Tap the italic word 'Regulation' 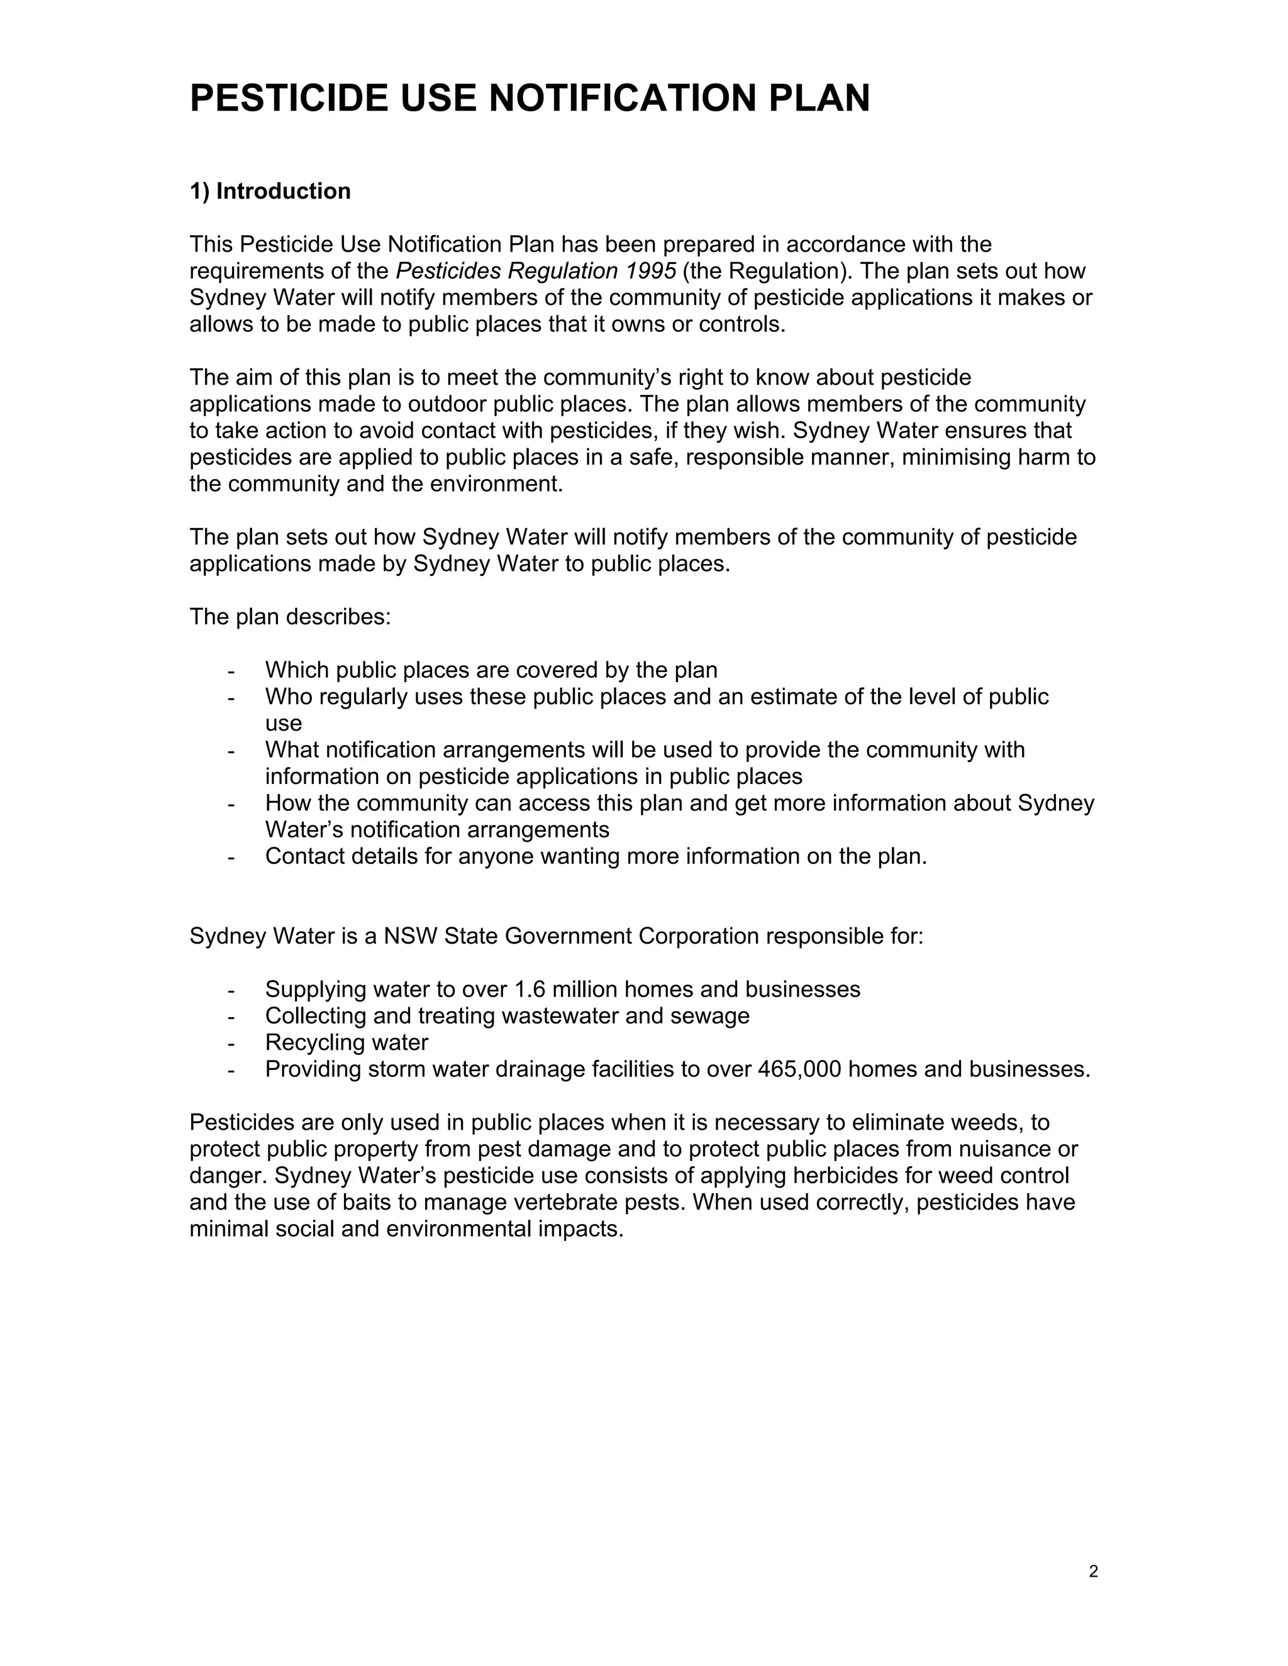coord(562,271)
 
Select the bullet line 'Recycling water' coord(347,1043)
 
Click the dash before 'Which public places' coord(230,671)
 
